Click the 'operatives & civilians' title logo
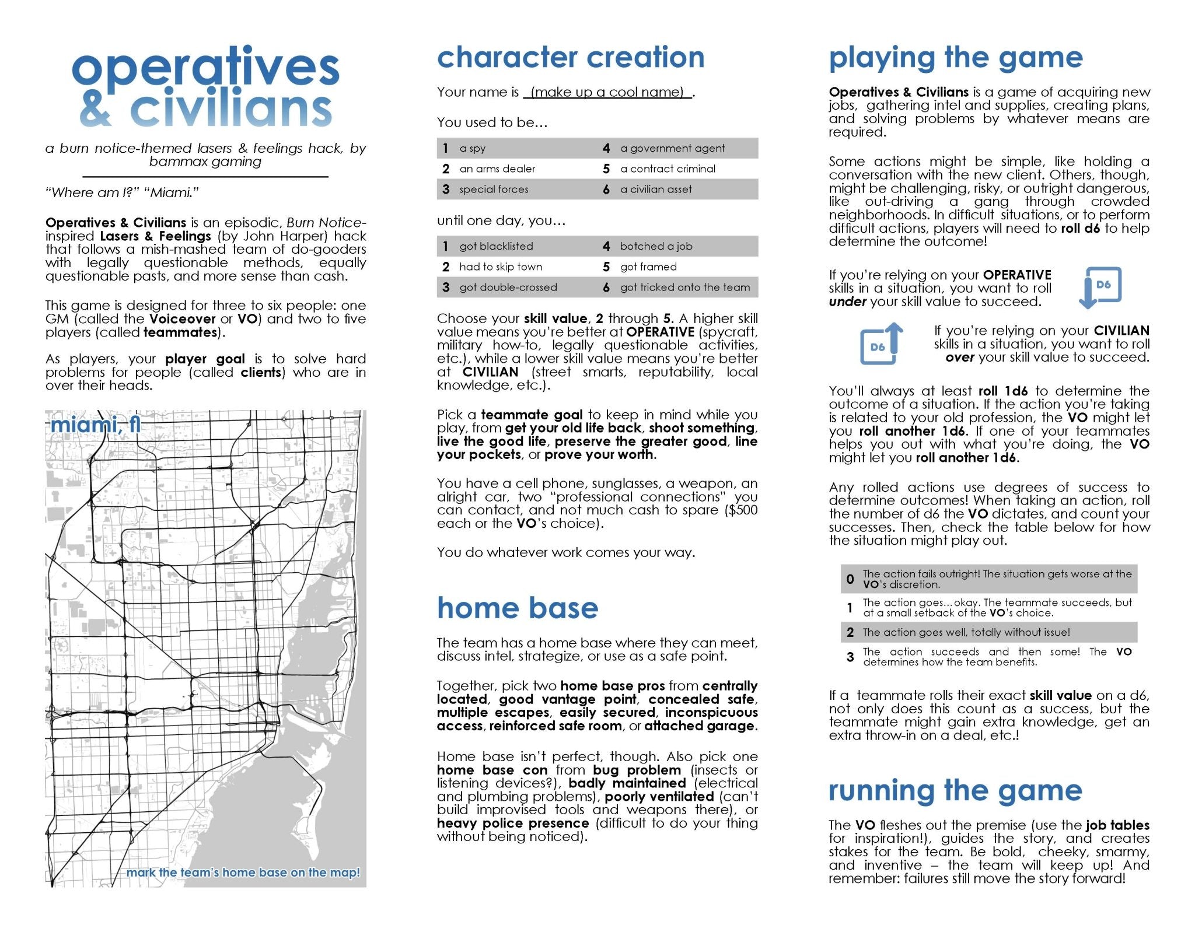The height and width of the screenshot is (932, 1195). coord(205,87)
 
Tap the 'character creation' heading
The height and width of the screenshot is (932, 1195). coord(570,58)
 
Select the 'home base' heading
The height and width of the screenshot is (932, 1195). coord(517,608)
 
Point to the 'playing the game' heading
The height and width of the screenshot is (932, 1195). coord(955,58)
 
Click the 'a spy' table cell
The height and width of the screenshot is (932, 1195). coord(472,149)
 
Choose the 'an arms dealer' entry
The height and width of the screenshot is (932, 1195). coord(497,169)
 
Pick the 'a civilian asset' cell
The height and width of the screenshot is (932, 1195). coord(656,190)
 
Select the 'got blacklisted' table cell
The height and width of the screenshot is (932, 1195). coord(496,246)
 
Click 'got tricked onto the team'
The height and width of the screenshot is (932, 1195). coord(685,288)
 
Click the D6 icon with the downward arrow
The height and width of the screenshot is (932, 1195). coord(1100,287)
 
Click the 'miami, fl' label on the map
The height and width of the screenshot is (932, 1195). coord(95,425)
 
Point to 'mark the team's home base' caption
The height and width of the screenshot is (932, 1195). coord(243,873)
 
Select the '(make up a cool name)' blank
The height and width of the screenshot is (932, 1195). coord(607,92)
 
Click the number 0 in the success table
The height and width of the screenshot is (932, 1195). coord(850,579)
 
